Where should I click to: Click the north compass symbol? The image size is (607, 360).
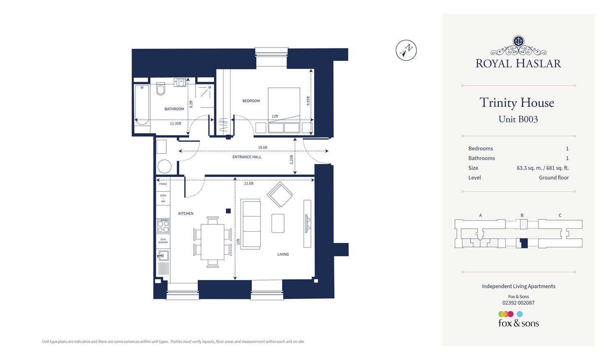click(x=406, y=50)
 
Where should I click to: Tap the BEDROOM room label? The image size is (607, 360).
click(x=251, y=101)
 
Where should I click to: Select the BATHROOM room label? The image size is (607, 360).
click(x=174, y=109)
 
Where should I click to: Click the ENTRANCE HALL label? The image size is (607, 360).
click(x=247, y=157)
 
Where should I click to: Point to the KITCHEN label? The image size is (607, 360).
click(x=186, y=214)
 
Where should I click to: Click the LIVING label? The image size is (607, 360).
click(x=283, y=254)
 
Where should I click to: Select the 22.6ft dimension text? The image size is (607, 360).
click(x=249, y=184)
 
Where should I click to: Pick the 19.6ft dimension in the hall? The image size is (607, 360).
click(x=262, y=148)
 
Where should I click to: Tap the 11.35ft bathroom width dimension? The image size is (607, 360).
click(x=176, y=123)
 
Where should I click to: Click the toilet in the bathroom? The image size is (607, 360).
click(x=161, y=89)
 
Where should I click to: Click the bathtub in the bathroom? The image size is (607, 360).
click(x=142, y=105)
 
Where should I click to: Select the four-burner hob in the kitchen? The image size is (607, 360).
click(x=163, y=226)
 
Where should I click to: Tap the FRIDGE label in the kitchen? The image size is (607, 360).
click(x=163, y=184)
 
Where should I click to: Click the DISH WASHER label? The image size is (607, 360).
click(x=163, y=241)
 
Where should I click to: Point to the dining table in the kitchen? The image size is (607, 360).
click(x=212, y=242)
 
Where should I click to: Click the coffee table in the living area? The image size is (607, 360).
click(x=278, y=223)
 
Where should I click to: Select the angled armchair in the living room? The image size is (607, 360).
click(x=280, y=195)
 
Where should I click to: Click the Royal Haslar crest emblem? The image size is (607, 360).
click(x=518, y=41)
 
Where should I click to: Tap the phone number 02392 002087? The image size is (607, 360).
click(x=518, y=303)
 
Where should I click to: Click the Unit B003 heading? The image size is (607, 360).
click(x=518, y=119)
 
